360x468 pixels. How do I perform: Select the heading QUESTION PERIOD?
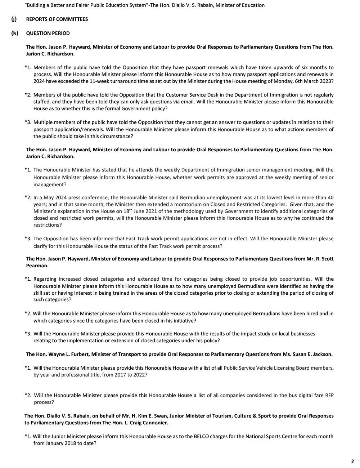(48, 33)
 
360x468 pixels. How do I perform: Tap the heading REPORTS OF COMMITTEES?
(57, 19)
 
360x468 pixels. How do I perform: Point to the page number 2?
(352, 461)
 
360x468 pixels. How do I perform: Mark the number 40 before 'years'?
(330, 197)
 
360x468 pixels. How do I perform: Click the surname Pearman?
(37, 266)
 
